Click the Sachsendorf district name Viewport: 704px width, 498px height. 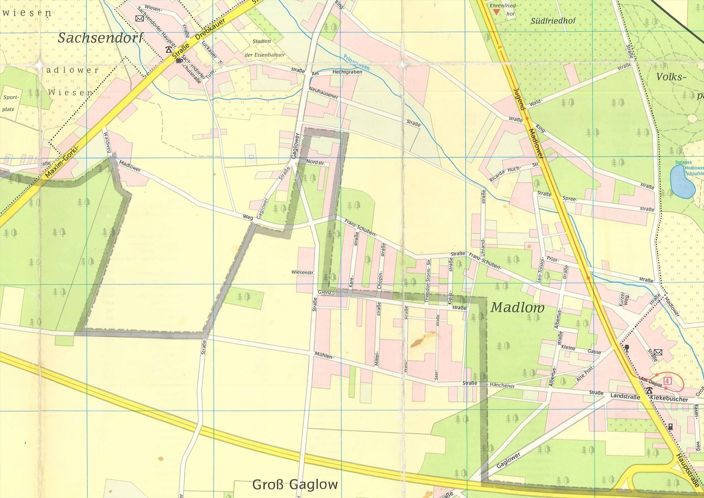100,38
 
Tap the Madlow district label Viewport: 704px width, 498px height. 517,308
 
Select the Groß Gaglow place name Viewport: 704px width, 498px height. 295,485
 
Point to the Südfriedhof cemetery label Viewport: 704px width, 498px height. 553,21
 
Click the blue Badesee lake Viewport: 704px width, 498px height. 682,181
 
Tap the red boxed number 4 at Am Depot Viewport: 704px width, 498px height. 667,381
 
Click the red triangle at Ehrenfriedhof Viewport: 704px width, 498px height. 496,12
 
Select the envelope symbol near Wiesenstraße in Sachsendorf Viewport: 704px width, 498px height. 139,19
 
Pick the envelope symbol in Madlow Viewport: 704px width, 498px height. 658,352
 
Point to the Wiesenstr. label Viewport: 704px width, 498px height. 302,272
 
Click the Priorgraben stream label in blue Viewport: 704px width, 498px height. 356,62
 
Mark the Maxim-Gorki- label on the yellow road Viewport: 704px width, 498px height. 62,162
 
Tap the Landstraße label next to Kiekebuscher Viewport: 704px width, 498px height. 625,396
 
